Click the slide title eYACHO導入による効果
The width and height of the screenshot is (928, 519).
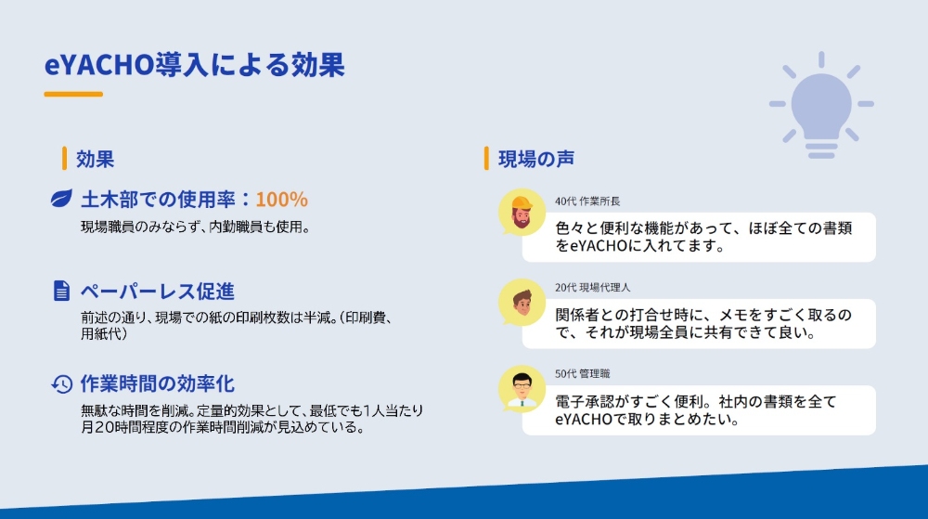[195, 66]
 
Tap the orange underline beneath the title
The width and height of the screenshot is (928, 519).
[73, 94]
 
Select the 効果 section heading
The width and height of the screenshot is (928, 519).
[95, 159]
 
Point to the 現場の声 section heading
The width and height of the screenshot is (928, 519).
[536, 159]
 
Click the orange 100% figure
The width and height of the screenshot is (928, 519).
[281, 200]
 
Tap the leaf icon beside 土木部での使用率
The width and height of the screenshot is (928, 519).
[61, 200]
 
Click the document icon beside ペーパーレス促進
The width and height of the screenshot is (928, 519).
[61, 291]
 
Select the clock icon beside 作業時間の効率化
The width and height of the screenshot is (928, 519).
[61, 383]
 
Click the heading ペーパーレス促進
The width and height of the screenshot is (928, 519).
[157, 291]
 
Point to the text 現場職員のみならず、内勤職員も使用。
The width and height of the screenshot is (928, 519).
[194, 227]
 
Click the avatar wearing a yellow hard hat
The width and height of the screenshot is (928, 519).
[522, 214]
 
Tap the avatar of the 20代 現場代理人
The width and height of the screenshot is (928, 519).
[522, 301]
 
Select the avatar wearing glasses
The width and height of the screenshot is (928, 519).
[522, 387]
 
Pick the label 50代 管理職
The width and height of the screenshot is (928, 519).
[582, 373]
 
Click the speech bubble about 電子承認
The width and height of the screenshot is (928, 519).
[698, 410]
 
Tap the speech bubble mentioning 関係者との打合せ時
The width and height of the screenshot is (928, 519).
[698, 323]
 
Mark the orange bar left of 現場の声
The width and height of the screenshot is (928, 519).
[486, 159]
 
